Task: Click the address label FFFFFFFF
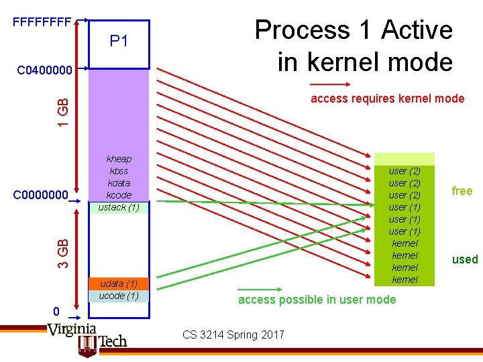tap(42, 21)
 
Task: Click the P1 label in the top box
tap(119, 42)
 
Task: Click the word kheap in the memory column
tap(119, 159)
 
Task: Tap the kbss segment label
tap(119, 171)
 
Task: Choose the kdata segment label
tap(119, 183)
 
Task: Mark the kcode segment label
tap(119, 195)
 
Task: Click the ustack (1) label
tap(119, 207)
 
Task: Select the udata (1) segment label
tap(119, 284)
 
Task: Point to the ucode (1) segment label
tap(119, 296)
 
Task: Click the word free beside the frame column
tap(462, 191)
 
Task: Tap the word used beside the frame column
tap(464, 259)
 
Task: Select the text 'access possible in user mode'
tap(317, 300)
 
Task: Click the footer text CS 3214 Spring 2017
tap(233, 335)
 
